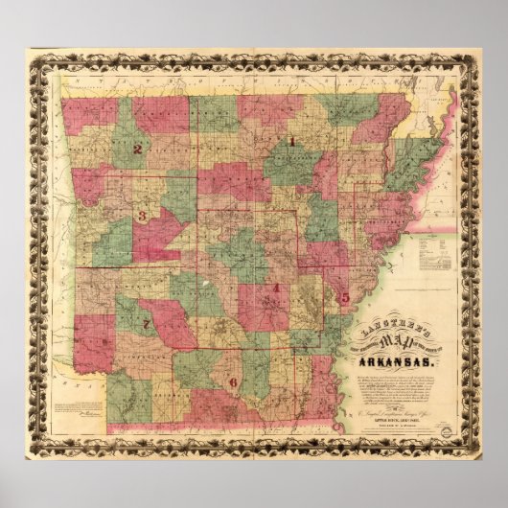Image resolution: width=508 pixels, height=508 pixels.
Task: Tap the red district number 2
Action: pos(138,149)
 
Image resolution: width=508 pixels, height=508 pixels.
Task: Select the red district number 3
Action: pos(142,216)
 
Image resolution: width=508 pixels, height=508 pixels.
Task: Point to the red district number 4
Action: pos(275,288)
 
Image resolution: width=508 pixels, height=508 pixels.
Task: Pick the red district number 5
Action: pos(345,299)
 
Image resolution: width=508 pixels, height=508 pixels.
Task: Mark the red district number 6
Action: pos(232,382)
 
